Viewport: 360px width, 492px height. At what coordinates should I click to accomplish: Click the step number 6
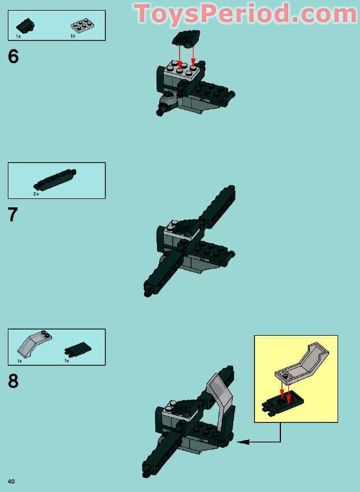tap(13, 57)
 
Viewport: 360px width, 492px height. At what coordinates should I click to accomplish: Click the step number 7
tap(13, 215)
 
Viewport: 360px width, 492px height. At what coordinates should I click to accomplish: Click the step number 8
tap(13, 381)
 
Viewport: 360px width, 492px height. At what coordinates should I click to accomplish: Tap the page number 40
tap(11, 481)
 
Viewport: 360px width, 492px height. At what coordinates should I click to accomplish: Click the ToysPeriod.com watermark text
tap(246, 13)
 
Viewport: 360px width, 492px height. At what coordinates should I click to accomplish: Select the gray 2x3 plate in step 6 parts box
tap(82, 26)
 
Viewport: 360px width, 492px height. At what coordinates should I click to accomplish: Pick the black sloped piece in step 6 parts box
tap(25, 25)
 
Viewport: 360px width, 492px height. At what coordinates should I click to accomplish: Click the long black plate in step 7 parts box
tap(55, 179)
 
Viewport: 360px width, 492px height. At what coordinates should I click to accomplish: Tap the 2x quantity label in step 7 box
tap(36, 194)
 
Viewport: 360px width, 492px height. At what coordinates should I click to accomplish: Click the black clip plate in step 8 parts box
tap(78, 349)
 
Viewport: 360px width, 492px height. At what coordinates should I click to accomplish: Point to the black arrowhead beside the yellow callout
tap(243, 442)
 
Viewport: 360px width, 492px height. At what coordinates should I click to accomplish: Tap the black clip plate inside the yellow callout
tap(282, 403)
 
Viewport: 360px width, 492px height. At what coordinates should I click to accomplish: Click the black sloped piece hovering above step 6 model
tap(186, 38)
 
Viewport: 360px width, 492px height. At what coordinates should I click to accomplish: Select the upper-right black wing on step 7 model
tap(218, 207)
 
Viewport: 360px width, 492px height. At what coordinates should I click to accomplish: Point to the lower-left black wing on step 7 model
tap(164, 273)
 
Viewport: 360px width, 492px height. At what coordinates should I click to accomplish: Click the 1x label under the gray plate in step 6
tap(73, 36)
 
